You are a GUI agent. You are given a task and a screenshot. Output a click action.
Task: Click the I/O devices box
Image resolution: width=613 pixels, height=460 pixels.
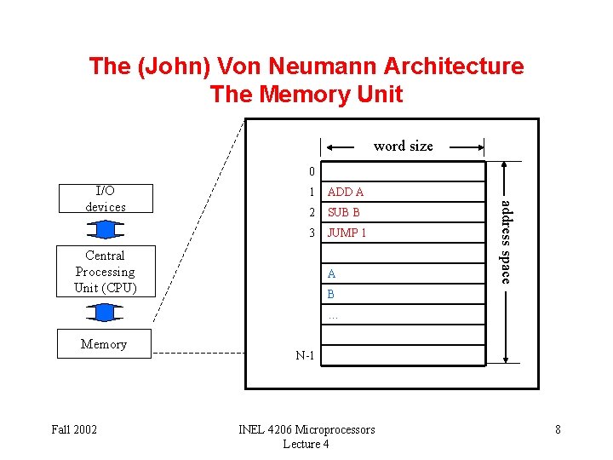[105, 198]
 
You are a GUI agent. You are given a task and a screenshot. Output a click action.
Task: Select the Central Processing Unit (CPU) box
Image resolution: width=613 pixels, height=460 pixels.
[105, 272]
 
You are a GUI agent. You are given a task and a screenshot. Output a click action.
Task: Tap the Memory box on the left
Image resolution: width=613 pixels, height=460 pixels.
[104, 344]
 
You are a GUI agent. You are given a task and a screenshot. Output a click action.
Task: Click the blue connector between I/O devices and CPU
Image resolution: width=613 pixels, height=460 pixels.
[105, 229]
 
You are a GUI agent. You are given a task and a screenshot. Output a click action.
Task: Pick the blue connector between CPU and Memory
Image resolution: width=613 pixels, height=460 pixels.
[105, 313]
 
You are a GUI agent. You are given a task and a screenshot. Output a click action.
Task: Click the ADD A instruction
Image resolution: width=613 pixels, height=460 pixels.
[346, 193]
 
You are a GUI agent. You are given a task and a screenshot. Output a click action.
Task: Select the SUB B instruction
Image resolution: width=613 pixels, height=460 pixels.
[344, 212]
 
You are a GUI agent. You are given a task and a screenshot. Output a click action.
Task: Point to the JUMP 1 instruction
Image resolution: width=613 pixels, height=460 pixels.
[347, 233]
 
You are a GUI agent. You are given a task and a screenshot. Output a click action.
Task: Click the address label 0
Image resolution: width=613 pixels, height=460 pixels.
[312, 172]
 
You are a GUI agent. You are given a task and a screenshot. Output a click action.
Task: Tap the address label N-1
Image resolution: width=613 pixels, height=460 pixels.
[305, 355]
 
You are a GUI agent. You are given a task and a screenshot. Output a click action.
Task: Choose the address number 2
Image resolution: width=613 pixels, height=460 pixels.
[312, 212]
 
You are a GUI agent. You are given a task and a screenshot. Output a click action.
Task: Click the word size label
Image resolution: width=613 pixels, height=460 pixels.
[403, 146]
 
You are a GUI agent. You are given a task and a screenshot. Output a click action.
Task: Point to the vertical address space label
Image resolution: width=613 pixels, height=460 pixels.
[505, 241]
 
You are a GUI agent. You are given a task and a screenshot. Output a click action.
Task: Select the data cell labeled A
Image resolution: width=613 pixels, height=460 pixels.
[332, 273]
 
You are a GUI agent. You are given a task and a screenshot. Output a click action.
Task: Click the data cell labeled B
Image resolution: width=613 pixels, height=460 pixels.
[332, 294]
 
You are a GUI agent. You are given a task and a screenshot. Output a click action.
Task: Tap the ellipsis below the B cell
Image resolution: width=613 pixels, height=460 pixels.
[333, 315]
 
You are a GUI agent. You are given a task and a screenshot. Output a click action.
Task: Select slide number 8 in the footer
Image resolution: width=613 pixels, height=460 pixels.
[558, 429]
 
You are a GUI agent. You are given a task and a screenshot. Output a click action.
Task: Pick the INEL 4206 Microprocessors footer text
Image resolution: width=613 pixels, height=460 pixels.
[306, 429]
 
